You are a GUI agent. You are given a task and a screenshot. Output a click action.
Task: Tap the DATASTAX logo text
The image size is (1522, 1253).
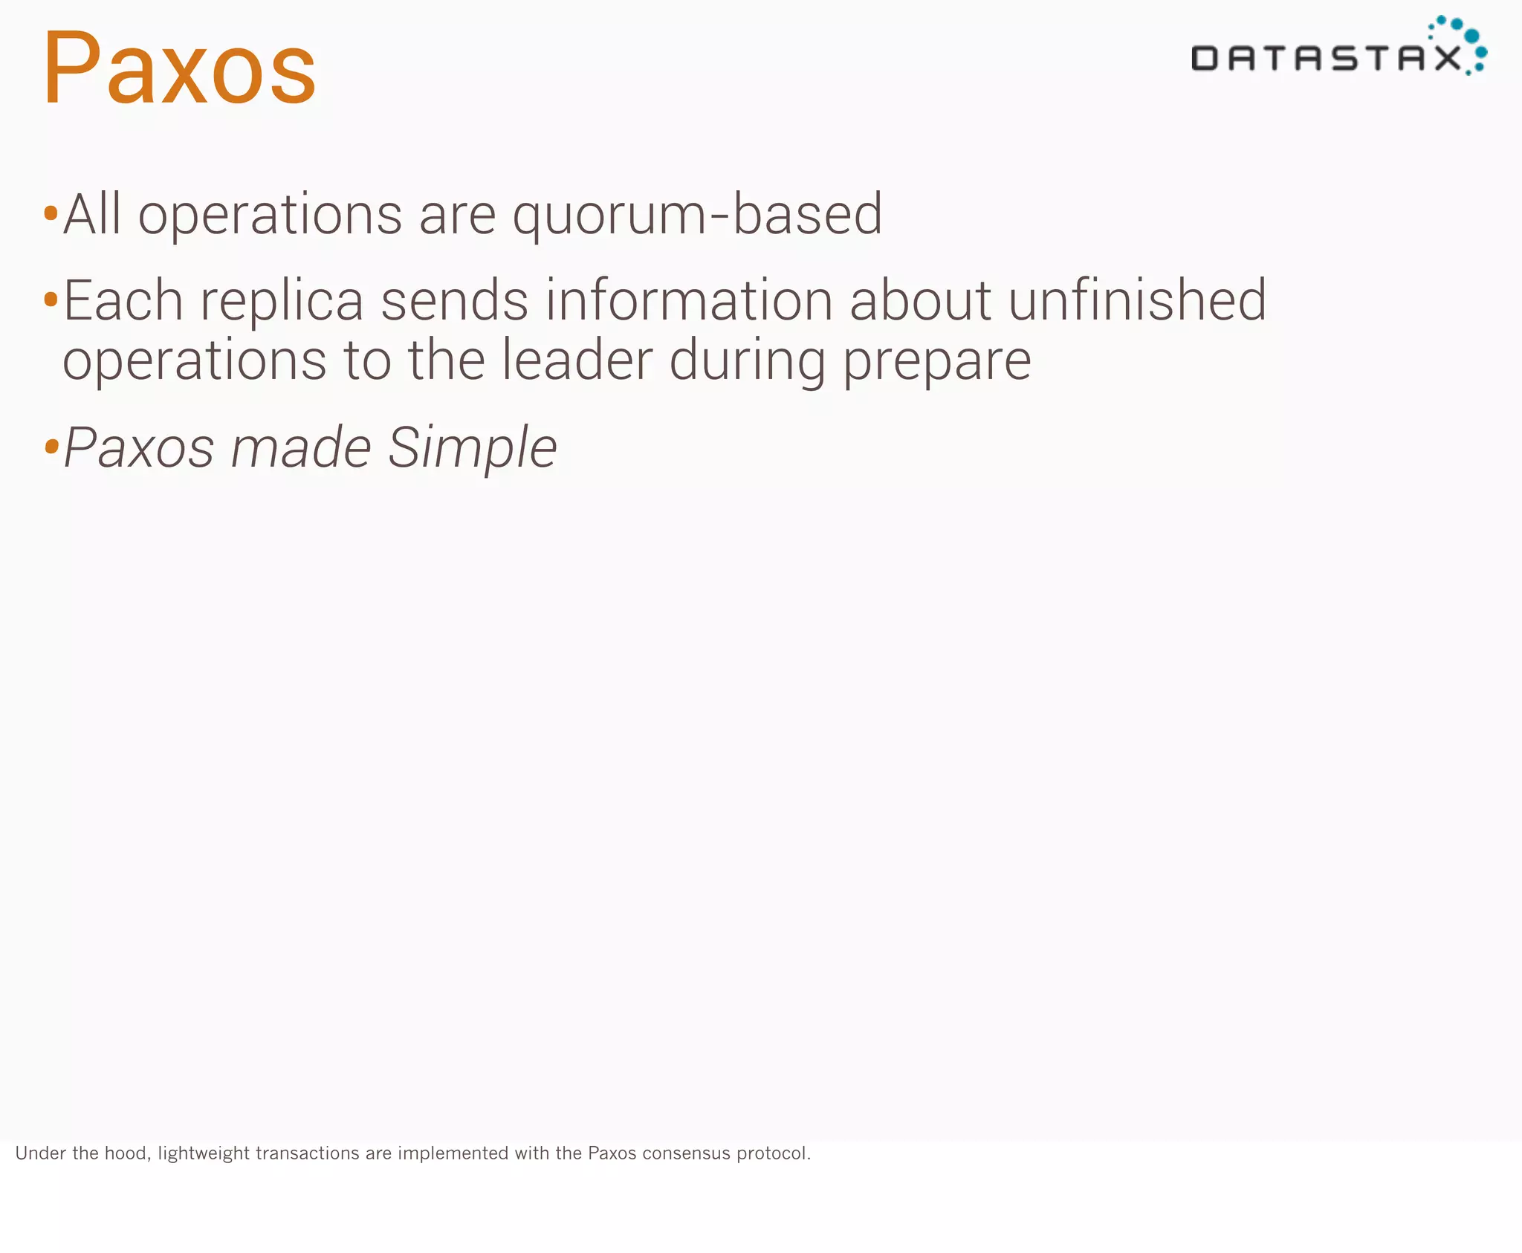[x=1325, y=58]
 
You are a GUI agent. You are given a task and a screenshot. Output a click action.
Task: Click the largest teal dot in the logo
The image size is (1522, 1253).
[x=1471, y=36]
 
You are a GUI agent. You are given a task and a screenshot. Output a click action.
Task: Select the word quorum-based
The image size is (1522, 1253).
[x=697, y=216]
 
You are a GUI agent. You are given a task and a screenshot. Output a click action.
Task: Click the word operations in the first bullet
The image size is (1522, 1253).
[x=271, y=216]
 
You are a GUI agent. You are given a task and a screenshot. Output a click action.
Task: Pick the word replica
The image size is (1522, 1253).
[x=282, y=302]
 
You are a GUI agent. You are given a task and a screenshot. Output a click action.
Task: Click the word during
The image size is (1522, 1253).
[x=747, y=361]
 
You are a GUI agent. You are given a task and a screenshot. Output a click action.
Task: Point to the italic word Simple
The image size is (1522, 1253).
[x=472, y=448]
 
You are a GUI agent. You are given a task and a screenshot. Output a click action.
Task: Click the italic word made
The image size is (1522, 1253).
[x=301, y=448]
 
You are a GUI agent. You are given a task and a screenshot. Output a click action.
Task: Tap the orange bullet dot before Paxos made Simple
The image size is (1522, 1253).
[x=51, y=447]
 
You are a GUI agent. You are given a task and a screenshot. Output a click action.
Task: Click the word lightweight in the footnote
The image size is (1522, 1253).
[x=203, y=1153]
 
